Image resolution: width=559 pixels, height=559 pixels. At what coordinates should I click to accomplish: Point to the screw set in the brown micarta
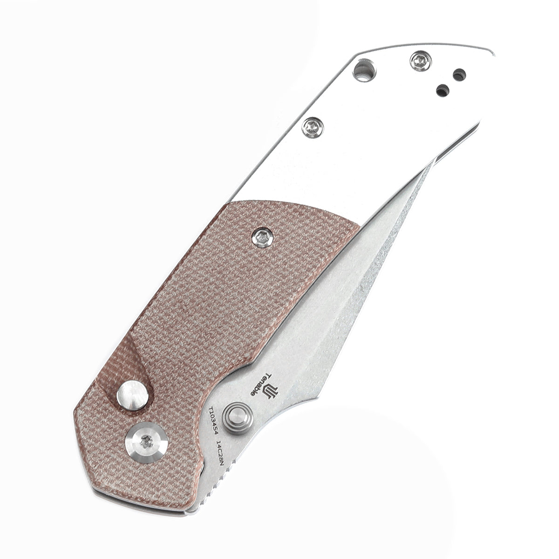click(261, 236)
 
